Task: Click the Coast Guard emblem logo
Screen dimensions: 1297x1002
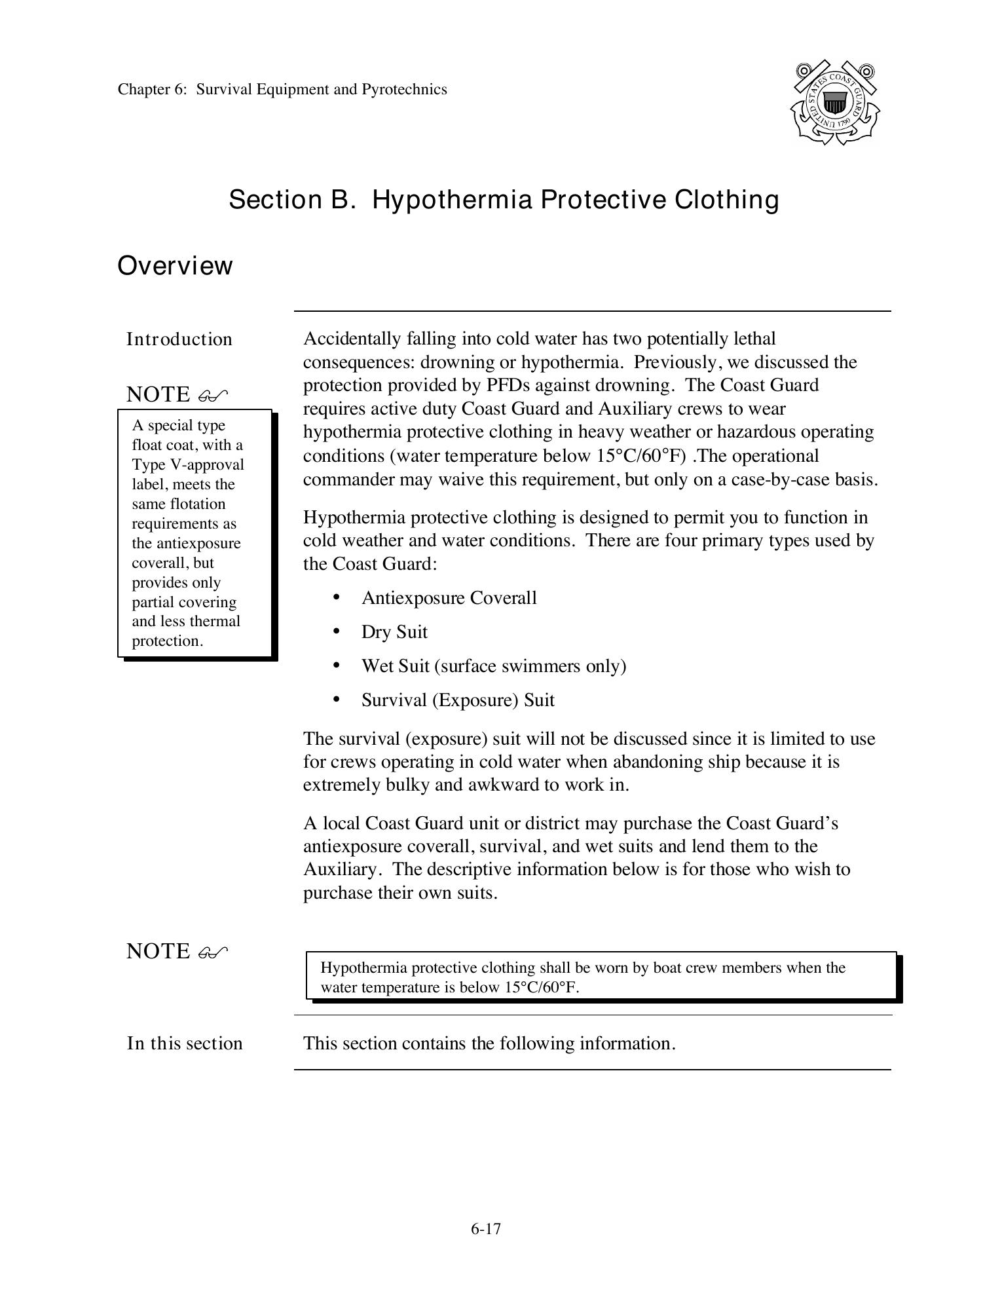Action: pyautogui.click(x=834, y=102)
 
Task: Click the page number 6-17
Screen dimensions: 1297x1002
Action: pyautogui.click(x=485, y=1228)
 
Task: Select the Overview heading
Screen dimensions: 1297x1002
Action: pyautogui.click(x=175, y=266)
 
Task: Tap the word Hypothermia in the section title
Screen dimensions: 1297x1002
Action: pyautogui.click(x=452, y=200)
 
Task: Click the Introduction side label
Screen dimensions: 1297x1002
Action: pyautogui.click(x=179, y=339)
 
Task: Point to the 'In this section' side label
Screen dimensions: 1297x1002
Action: pyautogui.click(x=185, y=1043)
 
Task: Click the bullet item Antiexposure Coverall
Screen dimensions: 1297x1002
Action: pyautogui.click(x=449, y=598)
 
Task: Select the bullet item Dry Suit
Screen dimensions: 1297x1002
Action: pyautogui.click(x=394, y=632)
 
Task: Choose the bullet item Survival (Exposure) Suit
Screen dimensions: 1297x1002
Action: pyautogui.click(x=458, y=700)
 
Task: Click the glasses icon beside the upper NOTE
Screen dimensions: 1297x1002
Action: pyautogui.click(x=213, y=395)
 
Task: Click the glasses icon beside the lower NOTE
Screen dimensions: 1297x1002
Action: pyautogui.click(x=213, y=952)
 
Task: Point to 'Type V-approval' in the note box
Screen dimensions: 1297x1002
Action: pyautogui.click(x=188, y=464)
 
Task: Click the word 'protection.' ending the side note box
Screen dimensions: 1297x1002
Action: pyautogui.click(x=168, y=641)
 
